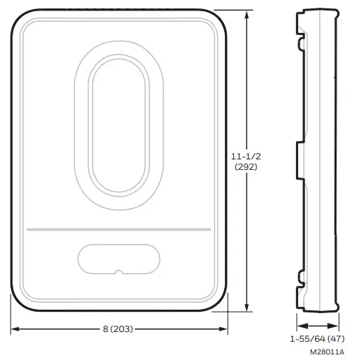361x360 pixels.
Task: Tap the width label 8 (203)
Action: pos(121,329)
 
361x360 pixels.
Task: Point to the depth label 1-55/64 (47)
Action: pos(317,338)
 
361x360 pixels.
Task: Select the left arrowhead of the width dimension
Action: pos(14,329)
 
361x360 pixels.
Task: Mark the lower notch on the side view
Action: pos(302,275)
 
